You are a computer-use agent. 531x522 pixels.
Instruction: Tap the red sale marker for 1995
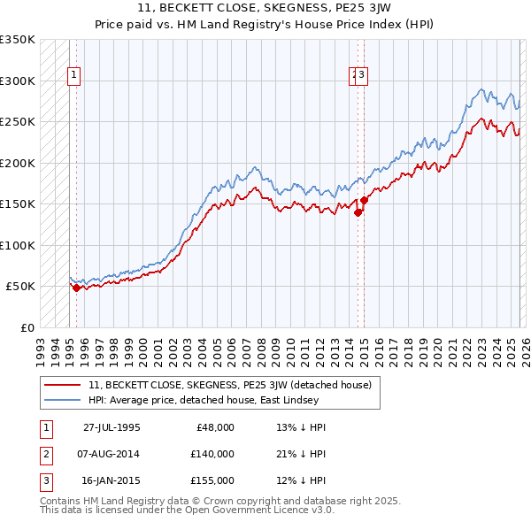click(x=77, y=288)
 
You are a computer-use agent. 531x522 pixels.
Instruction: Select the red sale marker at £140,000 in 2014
click(x=358, y=212)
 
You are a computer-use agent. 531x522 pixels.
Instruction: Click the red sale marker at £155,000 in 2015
click(x=364, y=200)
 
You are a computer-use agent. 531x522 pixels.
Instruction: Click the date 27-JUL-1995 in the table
click(x=112, y=427)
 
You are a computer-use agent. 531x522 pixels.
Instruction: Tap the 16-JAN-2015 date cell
click(x=112, y=480)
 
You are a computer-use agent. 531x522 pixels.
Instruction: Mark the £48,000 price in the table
click(x=212, y=427)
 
